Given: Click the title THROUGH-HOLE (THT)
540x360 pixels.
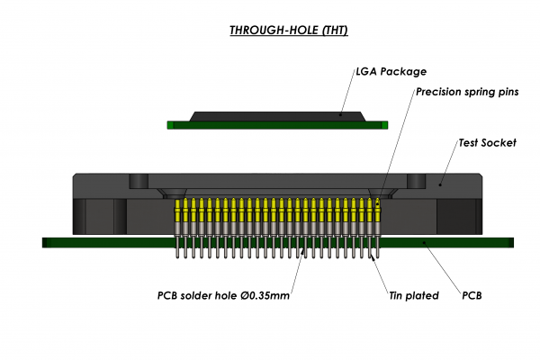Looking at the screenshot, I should click(288, 30).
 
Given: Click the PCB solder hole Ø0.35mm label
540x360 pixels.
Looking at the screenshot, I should click(224, 294).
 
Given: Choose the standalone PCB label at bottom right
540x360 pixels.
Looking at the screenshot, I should click(472, 294).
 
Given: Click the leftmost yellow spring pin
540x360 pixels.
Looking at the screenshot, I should click(177, 213).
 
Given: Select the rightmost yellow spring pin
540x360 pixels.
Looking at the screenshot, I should click(378, 213).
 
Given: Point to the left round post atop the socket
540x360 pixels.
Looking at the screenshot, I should click(139, 181).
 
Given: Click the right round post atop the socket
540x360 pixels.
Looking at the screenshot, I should click(415, 181).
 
